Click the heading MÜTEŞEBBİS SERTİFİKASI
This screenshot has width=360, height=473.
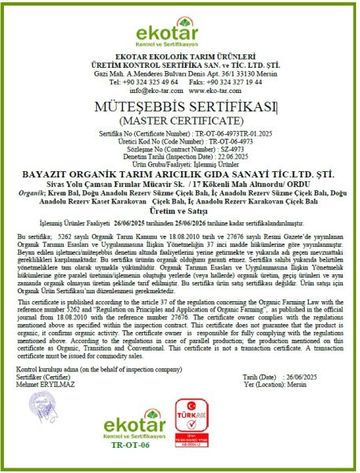click(x=180, y=107)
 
